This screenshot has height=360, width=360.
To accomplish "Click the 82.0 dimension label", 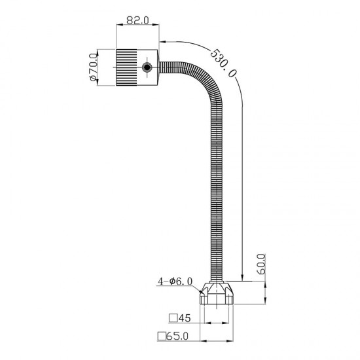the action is tap(137, 20).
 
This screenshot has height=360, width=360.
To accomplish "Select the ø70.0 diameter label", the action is tap(93, 67).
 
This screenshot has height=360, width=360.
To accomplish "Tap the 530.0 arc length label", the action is tap(223, 63).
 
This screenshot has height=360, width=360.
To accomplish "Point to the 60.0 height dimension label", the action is tap(262, 264).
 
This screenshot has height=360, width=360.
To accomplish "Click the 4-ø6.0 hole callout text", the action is tap(175, 281).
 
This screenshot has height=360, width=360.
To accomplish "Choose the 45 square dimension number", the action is tap(185, 318).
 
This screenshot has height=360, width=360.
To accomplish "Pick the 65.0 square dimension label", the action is tap(177, 336).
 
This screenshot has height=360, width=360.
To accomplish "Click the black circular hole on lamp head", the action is tap(147, 67).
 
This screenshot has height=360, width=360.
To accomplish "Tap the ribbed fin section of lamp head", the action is tap(126, 67).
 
